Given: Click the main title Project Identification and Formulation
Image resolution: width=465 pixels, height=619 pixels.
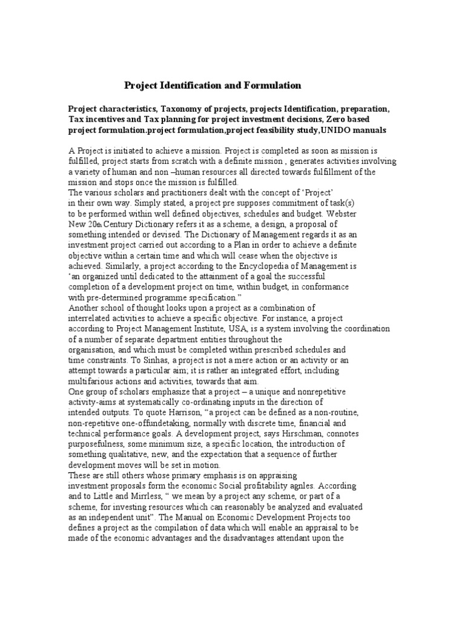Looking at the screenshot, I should tap(213, 85).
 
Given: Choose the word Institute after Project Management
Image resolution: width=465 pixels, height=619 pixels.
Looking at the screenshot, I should tap(191, 329).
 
